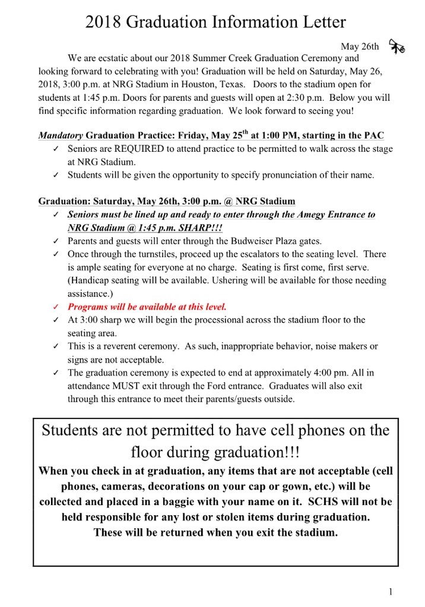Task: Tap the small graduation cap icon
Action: pos(396,46)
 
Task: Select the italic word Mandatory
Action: pos(61,135)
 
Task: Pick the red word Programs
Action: pos(88,306)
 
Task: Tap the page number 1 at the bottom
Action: pos(391,591)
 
